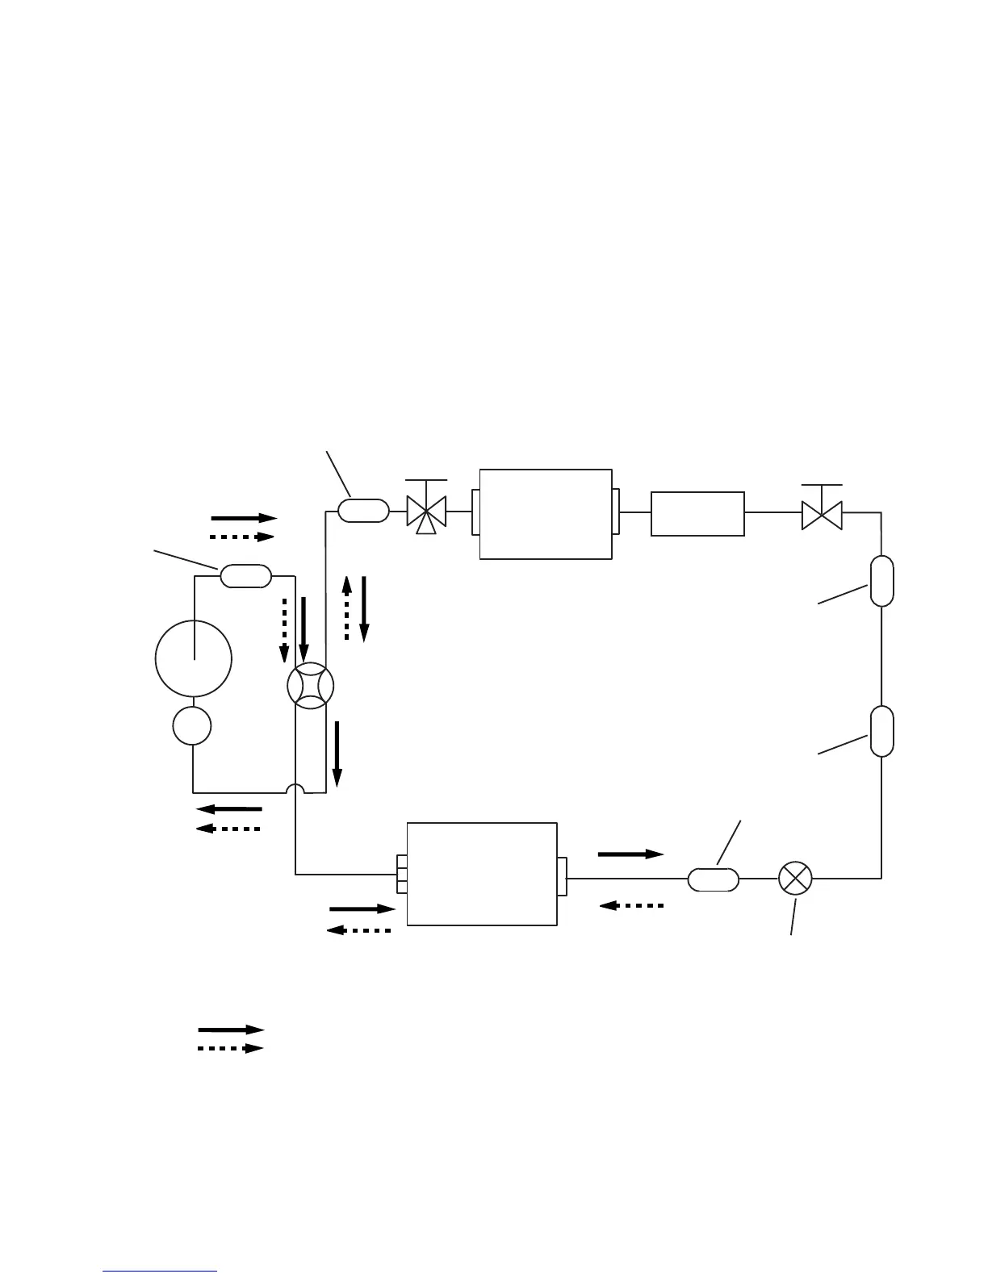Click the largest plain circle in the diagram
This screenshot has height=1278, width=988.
tap(194, 658)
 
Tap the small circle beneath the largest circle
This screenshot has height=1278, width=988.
tap(192, 725)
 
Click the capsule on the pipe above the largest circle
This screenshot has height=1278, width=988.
tap(245, 576)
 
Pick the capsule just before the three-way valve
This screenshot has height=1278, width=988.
tap(363, 511)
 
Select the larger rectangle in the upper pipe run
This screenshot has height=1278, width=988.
tap(546, 513)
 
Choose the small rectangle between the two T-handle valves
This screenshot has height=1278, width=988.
tap(697, 513)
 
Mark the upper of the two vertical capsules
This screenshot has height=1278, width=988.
tap(881, 580)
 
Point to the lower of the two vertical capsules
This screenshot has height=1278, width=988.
tap(881, 731)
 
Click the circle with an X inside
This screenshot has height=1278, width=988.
tap(795, 878)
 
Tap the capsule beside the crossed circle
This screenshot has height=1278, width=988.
tap(713, 879)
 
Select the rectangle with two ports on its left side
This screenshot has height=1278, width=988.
tap(482, 875)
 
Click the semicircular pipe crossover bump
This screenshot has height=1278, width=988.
tap(296, 788)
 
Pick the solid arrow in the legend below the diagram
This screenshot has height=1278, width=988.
tap(231, 1029)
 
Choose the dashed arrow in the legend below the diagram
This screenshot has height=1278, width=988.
tap(231, 1049)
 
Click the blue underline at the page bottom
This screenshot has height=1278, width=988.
tap(161, 1272)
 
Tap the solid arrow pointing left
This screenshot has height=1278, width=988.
tap(229, 808)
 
